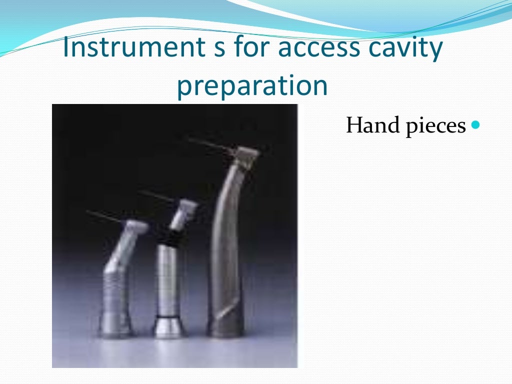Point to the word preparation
(x=252, y=86)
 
